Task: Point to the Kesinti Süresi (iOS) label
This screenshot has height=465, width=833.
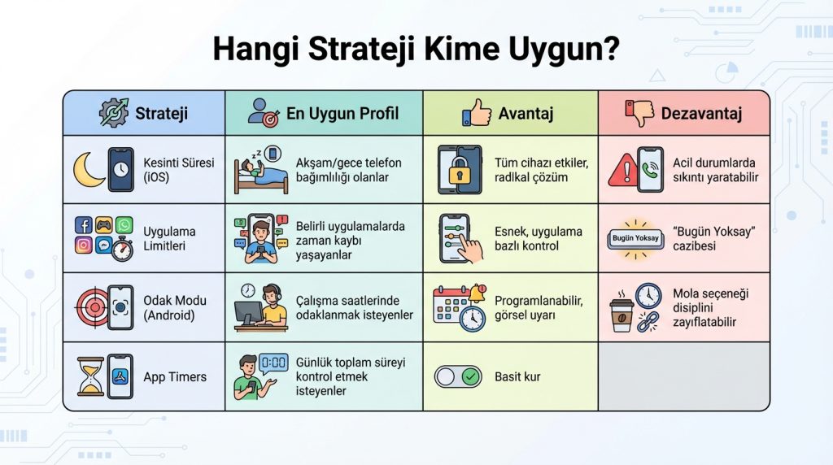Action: coord(179,169)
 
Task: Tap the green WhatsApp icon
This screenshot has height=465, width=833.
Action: coord(124,225)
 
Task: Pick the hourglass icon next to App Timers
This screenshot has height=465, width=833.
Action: coord(91,376)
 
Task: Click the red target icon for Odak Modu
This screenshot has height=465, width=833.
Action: coord(91,307)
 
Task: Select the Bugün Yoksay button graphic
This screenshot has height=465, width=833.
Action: coord(635,238)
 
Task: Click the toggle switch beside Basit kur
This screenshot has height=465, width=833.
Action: coord(458,377)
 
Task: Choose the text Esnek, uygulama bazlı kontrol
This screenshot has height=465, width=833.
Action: coord(539,238)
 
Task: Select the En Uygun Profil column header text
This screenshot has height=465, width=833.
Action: coord(342,113)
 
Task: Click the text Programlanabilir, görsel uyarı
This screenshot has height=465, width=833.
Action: coord(539,308)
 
